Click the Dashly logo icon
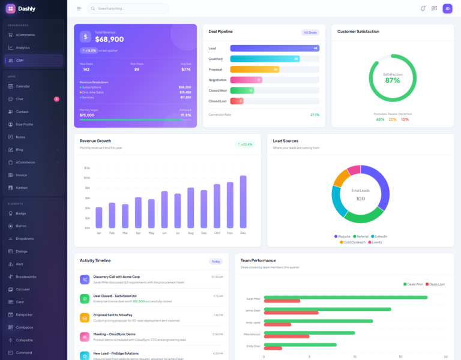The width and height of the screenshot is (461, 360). click(x=10, y=8)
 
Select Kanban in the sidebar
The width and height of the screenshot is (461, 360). click(x=22, y=187)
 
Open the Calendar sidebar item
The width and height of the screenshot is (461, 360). click(x=23, y=86)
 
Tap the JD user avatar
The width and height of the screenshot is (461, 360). click(x=447, y=8)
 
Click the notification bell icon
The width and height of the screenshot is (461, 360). click(x=423, y=8)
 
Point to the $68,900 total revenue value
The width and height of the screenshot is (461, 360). click(x=109, y=40)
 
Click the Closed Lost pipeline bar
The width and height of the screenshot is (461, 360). click(x=237, y=101)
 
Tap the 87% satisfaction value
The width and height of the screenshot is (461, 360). click(x=393, y=80)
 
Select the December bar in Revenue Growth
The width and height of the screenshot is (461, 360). click(x=243, y=202)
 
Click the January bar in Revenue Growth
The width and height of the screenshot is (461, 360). click(x=99, y=217)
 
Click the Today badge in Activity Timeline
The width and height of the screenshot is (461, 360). click(x=215, y=261)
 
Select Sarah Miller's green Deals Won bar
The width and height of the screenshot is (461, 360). click(x=345, y=297)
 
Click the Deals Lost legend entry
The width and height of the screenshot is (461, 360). click(x=435, y=284)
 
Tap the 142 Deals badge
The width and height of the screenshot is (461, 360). click(x=310, y=32)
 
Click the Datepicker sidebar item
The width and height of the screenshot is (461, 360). click(x=25, y=314)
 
